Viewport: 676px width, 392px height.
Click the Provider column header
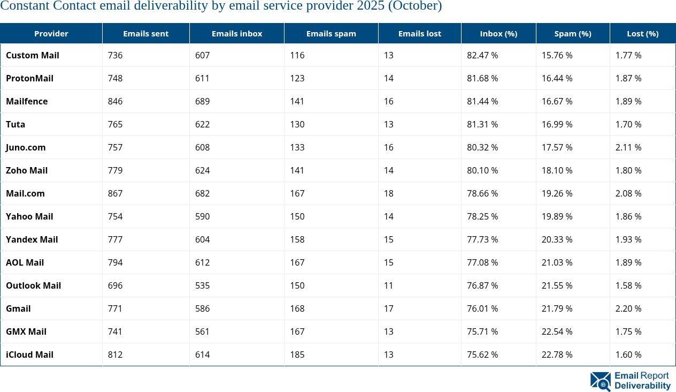coord(51,33)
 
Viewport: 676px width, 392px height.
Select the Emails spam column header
coord(331,33)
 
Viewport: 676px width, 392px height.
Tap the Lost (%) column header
coord(642,33)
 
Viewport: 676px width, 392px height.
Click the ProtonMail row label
coord(30,78)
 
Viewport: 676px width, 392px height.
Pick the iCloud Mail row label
coord(30,355)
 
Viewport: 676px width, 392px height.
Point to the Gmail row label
coord(18,308)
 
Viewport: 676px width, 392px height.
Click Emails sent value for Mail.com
coord(116,193)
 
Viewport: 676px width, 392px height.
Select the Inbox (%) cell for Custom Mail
coord(482,55)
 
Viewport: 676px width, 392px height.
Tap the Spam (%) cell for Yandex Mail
coord(557,239)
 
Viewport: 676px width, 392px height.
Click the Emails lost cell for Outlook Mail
coord(388,285)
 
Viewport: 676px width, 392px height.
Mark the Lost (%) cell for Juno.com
coord(628,147)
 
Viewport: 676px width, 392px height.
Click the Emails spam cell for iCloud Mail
coord(297,355)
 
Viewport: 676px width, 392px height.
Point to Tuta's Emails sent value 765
coord(116,124)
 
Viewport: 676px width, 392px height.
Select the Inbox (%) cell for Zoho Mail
coord(482,170)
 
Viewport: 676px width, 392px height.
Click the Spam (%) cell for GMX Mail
coord(557,331)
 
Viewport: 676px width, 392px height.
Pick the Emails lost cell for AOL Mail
coord(388,262)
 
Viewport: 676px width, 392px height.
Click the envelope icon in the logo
coord(600,381)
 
